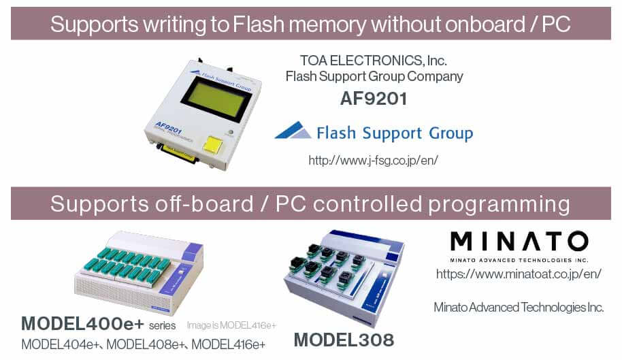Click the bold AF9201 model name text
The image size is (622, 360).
coord(374,99)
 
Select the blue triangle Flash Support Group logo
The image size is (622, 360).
coord(293,130)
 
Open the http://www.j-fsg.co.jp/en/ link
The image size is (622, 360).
coord(374,160)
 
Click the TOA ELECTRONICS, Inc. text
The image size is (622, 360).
coord(374,61)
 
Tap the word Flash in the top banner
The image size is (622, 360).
coord(258,24)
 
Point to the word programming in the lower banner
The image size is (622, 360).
coord(499,205)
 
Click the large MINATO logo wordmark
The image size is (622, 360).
coord(519,241)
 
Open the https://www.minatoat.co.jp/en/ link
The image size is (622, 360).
coord(519,274)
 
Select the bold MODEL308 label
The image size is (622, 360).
coord(344,340)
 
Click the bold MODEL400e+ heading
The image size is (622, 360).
coord(82,323)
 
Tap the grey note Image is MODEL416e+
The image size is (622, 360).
coord(231,325)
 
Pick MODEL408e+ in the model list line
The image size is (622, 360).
coord(146,344)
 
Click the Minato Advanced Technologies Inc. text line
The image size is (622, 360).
coord(519,308)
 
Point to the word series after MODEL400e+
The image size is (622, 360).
coord(162,326)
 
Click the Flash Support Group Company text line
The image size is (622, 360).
coord(374,76)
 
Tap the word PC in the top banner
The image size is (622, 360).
coord(556,24)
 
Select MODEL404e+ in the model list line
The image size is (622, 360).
coord(61,344)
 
